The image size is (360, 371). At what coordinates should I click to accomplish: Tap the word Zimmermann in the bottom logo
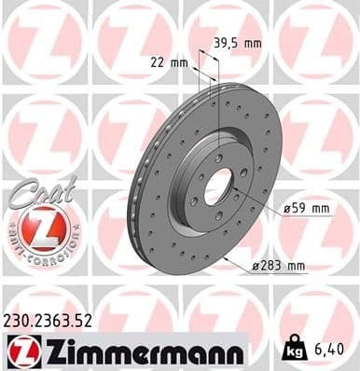point(136,352)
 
